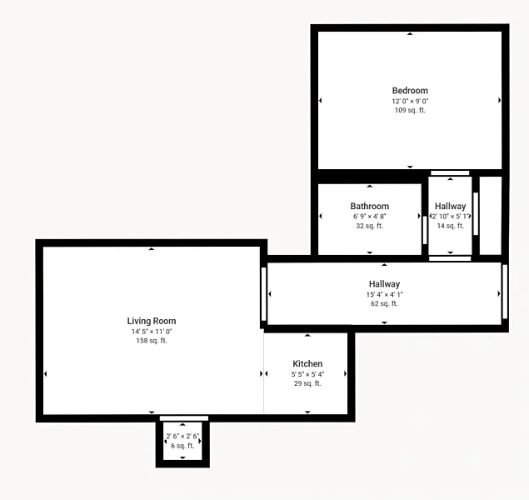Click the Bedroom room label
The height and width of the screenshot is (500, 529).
410,91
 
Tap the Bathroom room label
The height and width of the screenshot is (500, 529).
369,206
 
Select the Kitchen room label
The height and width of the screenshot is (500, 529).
307,363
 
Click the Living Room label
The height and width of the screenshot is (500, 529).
152,321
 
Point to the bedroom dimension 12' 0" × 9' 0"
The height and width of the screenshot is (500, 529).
410,101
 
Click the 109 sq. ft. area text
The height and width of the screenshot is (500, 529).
410,110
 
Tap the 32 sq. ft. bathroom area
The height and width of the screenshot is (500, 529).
369,226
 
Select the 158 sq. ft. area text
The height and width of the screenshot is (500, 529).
152,341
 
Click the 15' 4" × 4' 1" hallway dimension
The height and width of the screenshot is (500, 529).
384,294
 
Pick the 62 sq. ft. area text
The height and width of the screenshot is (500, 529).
384,303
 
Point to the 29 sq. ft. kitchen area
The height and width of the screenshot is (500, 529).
307,383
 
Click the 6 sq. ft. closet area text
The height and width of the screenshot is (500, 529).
182,446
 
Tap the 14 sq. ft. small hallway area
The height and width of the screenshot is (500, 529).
451,226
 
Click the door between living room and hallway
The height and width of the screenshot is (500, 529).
264,294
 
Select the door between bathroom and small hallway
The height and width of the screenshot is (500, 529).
425,230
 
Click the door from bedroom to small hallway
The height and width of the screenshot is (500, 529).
450,173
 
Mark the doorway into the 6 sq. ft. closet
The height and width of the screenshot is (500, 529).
184,418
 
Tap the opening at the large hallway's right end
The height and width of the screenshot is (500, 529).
505,292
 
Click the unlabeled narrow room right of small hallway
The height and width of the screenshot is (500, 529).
491,216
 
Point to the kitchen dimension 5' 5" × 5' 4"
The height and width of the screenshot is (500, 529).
307,374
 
